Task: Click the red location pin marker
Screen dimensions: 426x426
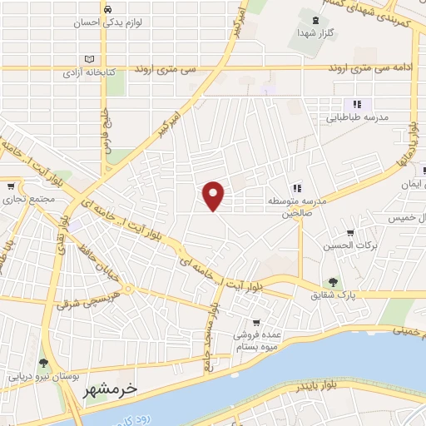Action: (x=215, y=195)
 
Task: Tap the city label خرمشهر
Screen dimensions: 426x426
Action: (x=110, y=389)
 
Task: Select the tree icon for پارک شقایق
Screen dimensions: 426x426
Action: (x=334, y=282)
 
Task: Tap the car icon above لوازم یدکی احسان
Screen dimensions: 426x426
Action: (x=109, y=8)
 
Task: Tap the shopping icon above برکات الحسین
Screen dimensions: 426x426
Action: (x=349, y=233)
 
